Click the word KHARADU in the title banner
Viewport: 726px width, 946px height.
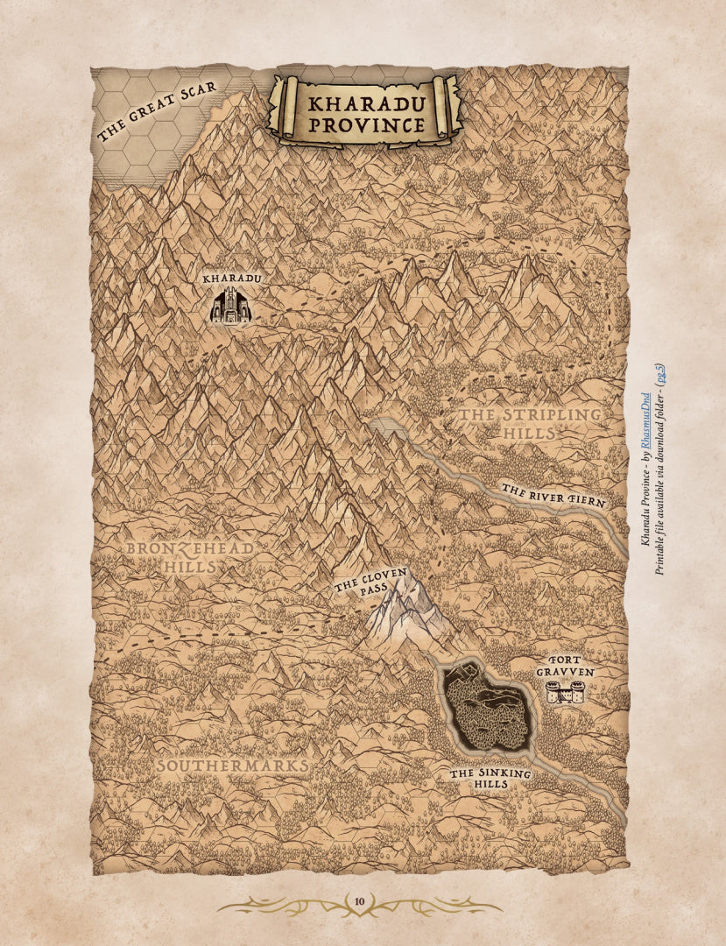[x=365, y=102]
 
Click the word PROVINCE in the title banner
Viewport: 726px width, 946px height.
[x=365, y=125]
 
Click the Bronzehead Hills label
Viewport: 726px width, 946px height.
[x=190, y=557]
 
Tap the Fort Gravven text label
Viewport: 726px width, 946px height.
[x=565, y=666]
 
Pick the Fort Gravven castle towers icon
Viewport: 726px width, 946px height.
[x=565, y=693]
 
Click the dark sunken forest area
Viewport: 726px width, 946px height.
[x=488, y=709]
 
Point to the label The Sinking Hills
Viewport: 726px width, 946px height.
[x=490, y=779]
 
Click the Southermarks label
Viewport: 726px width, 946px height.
[x=232, y=766]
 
